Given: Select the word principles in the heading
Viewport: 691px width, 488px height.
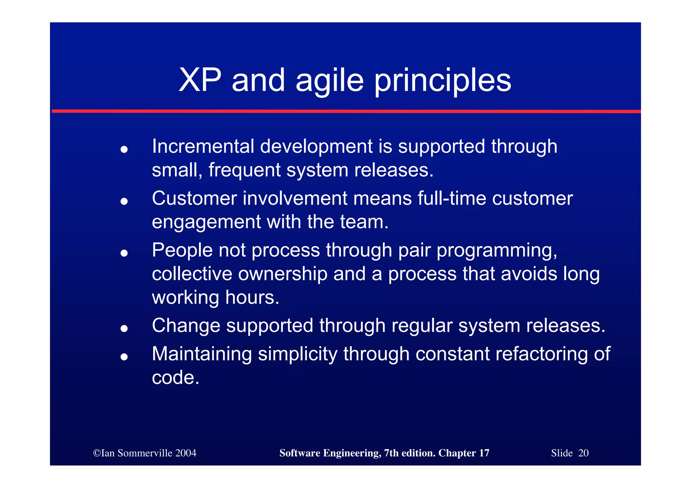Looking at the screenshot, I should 443,81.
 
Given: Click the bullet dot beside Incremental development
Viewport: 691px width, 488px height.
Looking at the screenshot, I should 124,149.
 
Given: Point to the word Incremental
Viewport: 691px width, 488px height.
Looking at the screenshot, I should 203,146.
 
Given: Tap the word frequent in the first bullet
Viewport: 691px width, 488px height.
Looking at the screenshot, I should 244,170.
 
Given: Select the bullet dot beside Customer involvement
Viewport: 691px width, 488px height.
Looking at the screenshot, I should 124,201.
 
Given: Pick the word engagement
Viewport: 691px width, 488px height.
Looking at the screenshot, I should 206,222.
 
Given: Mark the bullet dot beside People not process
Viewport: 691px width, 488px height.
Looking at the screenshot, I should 124,253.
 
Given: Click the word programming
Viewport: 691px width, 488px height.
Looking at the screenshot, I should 497,251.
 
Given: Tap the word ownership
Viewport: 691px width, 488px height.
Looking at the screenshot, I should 283,274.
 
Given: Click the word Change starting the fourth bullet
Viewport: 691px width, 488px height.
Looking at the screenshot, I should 186,326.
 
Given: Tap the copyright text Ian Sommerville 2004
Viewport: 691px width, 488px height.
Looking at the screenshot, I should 145,453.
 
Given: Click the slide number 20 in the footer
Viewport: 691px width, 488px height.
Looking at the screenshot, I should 583,453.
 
